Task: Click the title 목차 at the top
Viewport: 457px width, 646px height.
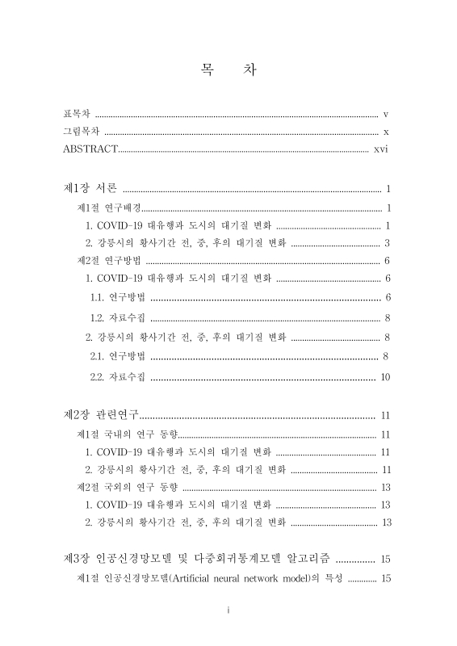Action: point(228,71)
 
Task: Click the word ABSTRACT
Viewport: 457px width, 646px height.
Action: point(90,149)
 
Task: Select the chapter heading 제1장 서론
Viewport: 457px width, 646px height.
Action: point(90,188)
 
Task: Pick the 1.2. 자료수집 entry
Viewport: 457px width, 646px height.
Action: point(118,317)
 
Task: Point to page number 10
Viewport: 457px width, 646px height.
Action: point(385,377)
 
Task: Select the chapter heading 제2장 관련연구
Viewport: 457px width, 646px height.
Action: point(102,416)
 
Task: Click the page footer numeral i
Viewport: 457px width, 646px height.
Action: point(228,610)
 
